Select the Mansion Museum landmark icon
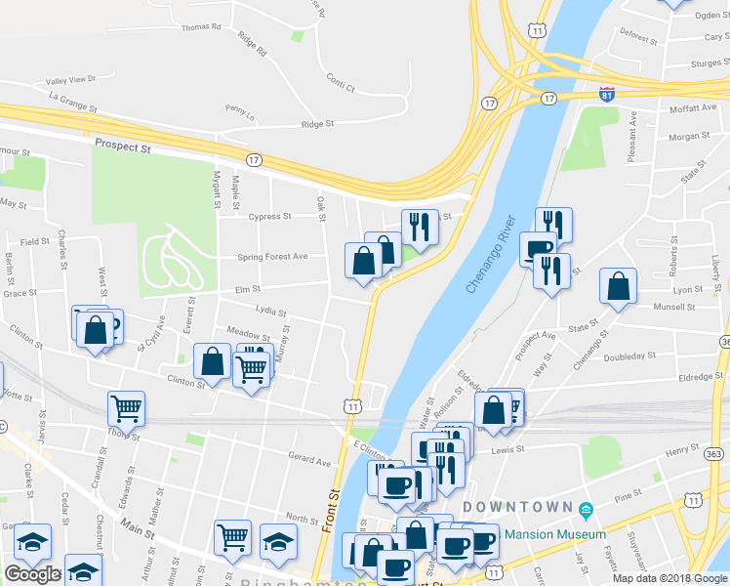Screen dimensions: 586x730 [586, 511]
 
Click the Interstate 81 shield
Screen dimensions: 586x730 [607, 95]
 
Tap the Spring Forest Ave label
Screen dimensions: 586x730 [272, 257]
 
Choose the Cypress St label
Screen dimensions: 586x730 [270, 217]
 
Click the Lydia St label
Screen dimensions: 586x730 [270, 314]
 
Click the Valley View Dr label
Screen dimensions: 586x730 [65, 79]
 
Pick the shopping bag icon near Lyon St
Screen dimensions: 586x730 [618, 287]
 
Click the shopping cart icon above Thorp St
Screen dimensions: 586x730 [126, 407]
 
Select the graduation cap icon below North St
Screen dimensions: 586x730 [278, 540]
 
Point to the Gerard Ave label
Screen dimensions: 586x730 [309, 457]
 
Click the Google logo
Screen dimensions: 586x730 [32, 574]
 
